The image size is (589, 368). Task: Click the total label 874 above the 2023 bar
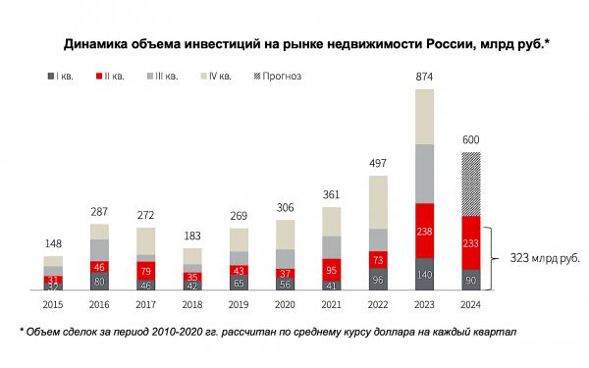click(424, 77)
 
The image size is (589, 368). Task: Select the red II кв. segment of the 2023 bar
click(424, 231)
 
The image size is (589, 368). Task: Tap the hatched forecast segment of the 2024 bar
click(471, 184)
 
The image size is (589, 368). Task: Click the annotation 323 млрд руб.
click(544, 259)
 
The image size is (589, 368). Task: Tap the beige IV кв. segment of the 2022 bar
click(377, 202)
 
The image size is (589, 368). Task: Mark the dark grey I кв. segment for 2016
click(100, 282)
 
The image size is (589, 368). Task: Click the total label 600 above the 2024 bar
click(471, 138)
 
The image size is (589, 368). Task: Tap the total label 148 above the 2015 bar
click(53, 243)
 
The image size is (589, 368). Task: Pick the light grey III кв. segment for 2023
click(424, 173)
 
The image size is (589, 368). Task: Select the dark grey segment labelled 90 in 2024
click(471, 281)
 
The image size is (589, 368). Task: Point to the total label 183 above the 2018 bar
click(192, 236)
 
